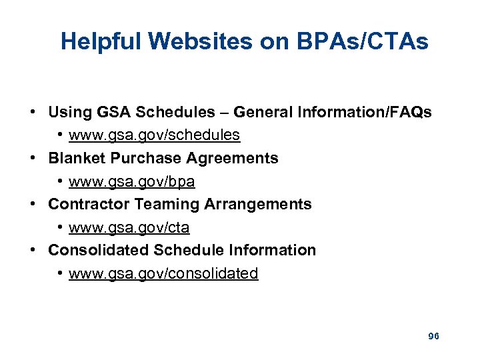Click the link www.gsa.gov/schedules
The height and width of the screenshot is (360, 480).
tap(154, 135)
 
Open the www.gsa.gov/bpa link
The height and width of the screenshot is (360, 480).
tap(131, 181)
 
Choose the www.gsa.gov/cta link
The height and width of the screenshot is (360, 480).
tap(129, 227)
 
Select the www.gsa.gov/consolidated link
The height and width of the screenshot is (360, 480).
tap(163, 273)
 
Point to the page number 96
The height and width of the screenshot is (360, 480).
tap(433, 336)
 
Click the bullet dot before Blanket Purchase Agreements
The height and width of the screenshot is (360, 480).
tap(33, 159)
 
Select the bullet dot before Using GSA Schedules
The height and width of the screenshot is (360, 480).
tap(33, 113)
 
